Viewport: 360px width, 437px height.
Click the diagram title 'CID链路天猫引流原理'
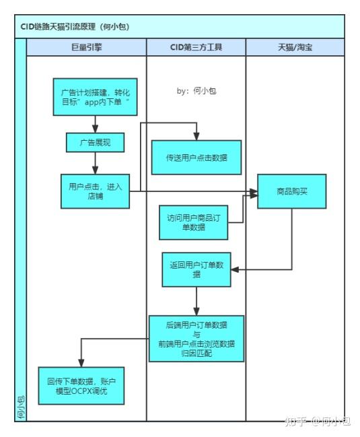pyautogui.click(x=75, y=27)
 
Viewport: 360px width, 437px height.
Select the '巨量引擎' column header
pyautogui.click(x=86, y=47)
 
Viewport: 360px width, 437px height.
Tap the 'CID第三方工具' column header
pyautogui.click(x=196, y=47)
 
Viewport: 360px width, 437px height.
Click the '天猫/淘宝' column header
pyautogui.click(x=295, y=47)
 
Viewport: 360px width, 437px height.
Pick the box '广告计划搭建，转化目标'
pyautogui.click(x=96, y=97)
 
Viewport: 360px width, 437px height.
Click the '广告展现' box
pyautogui.click(x=96, y=143)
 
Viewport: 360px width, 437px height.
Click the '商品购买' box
pyautogui.click(x=291, y=191)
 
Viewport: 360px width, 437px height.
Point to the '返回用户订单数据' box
pyautogui.click(x=196, y=270)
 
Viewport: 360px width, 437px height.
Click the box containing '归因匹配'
pyautogui.click(x=196, y=339)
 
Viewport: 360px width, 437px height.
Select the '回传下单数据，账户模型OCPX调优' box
pyautogui.click(x=81, y=386)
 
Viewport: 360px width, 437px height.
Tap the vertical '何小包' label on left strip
pyautogui.click(x=20, y=407)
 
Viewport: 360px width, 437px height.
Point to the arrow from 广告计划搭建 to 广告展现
pyautogui.click(x=96, y=124)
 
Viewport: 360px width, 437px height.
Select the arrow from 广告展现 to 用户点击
pyautogui.click(x=96, y=164)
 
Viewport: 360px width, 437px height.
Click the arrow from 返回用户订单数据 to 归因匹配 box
pyautogui.click(x=196, y=301)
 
